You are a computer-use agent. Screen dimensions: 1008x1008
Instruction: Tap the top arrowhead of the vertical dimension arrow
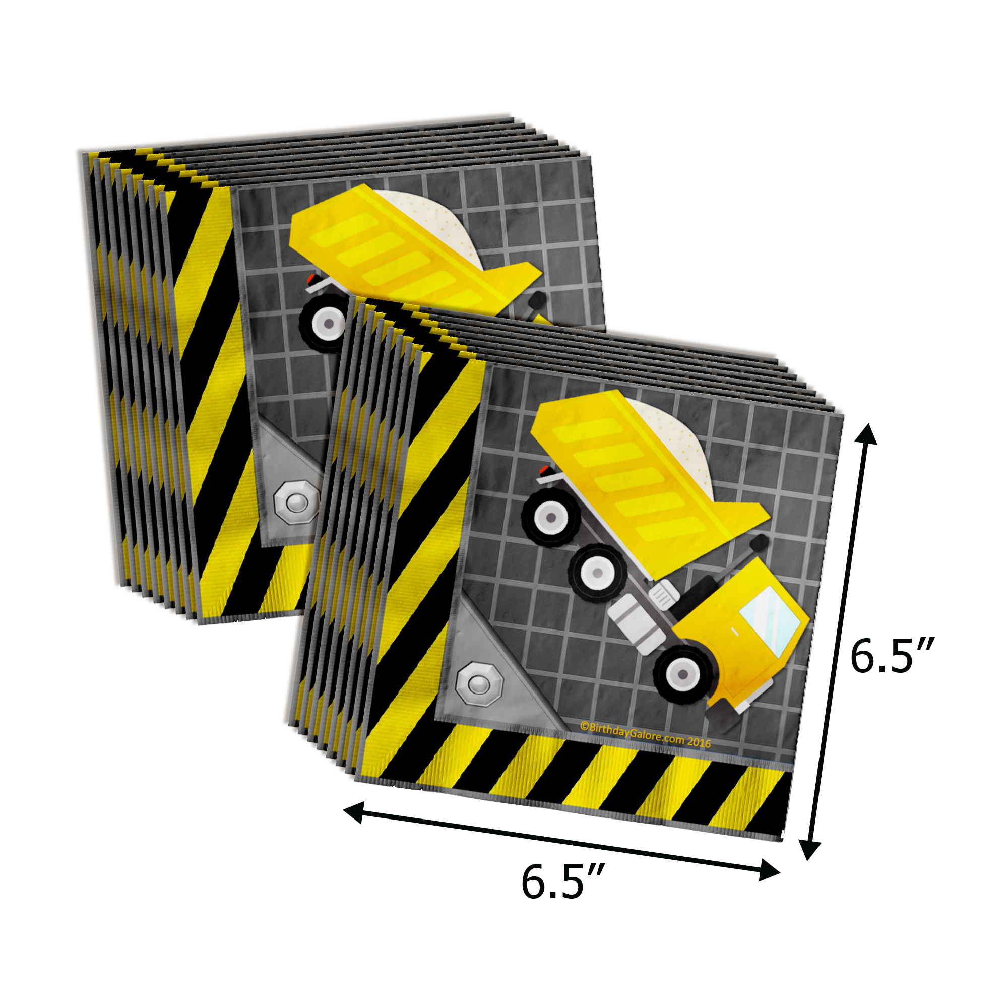[866, 434]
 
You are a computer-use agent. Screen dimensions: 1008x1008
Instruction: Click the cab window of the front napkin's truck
[770, 622]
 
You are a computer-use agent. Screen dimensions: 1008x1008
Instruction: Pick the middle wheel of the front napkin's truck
[598, 573]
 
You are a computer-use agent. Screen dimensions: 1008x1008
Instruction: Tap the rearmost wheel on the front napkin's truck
[551, 518]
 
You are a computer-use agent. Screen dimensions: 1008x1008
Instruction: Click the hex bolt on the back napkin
[297, 503]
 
